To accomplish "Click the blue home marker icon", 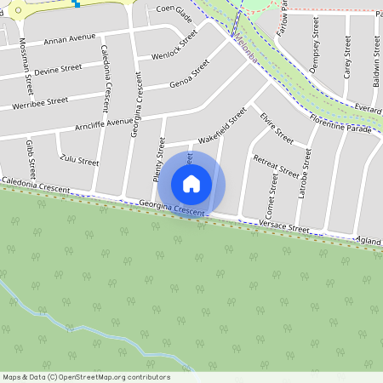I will point(191,183).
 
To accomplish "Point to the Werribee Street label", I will point(39,103).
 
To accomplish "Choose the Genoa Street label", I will point(189,73).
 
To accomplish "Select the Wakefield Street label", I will point(221,125).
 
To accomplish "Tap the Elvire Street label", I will point(277,128).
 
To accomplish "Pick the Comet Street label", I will point(272,196).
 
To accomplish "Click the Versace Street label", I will point(286,227).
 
